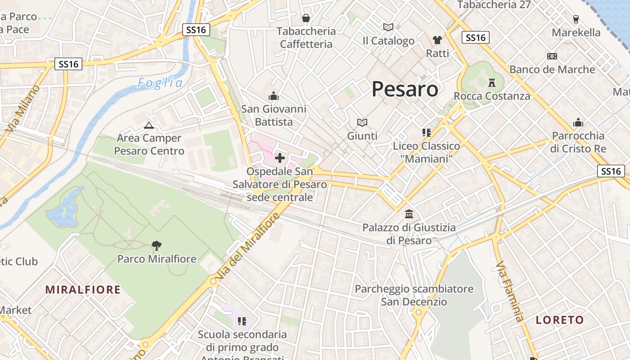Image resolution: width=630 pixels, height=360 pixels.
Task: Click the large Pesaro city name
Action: [x=405, y=89]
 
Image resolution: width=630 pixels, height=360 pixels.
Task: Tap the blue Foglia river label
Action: [x=160, y=83]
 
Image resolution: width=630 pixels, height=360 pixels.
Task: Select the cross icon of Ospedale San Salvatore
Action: [x=280, y=157]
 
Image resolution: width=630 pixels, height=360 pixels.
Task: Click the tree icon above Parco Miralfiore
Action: [x=156, y=245]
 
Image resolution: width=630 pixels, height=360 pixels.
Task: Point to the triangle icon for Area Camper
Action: [x=148, y=125]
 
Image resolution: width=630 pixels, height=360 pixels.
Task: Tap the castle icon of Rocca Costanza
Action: [x=491, y=83]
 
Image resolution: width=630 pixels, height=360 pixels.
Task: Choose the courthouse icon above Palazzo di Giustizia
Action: [x=409, y=214]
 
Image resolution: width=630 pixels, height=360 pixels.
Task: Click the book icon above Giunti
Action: [x=362, y=122]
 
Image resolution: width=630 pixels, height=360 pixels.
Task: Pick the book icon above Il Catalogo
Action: [x=388, y=27]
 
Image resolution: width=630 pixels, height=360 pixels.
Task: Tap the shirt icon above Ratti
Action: [x=437, y=40]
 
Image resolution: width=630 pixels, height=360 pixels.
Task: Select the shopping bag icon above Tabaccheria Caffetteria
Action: [x=306, y=18]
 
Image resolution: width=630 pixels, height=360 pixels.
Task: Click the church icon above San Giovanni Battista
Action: [x=273, y=96]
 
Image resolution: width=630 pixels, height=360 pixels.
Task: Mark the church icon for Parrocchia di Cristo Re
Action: [x=578, y=122]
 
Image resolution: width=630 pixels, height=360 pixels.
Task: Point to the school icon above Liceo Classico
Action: [x=426, y=133]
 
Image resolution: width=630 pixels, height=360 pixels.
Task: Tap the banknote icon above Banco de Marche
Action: [x=552, y=56]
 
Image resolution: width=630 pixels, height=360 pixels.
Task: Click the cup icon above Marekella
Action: [x=576, y=19]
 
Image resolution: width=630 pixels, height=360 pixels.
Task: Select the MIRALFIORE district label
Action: [x=83, y=289]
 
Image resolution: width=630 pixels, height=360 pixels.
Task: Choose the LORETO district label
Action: [x=560, y=320]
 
